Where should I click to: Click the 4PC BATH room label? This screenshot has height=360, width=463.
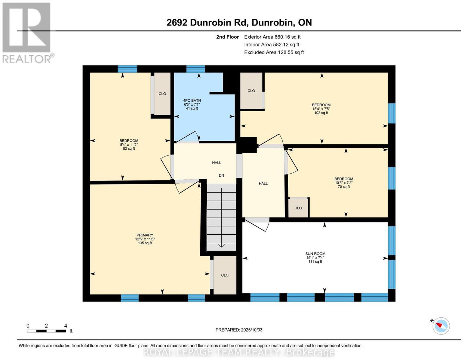(192, 100)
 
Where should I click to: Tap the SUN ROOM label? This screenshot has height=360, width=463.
(315, 254)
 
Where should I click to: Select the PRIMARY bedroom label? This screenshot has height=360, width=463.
(145, 235)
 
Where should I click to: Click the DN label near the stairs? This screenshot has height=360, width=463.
(221, 175)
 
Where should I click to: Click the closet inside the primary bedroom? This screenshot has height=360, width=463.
(225, 275)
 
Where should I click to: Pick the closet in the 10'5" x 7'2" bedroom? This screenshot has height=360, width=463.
(298, 208)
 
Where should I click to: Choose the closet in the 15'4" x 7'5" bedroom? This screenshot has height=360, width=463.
(251, 91)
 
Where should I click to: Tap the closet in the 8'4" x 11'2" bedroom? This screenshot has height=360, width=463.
(162, 94)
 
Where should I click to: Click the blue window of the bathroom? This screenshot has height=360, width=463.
(196, 69)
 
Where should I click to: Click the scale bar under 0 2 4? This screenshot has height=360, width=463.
(46, 331)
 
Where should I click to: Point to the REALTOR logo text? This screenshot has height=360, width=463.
(27, 59)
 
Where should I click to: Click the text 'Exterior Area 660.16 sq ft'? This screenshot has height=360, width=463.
(272, 37)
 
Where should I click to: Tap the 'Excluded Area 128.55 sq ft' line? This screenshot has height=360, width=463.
(274, 52)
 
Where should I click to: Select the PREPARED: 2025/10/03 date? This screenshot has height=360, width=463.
(239, 330)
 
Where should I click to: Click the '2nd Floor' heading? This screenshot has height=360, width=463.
(227, 37)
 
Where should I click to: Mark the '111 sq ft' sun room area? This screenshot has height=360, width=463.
(315, 262)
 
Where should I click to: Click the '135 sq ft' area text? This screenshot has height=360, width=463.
(145, 243)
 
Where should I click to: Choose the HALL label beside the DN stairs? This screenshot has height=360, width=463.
(216, 163)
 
